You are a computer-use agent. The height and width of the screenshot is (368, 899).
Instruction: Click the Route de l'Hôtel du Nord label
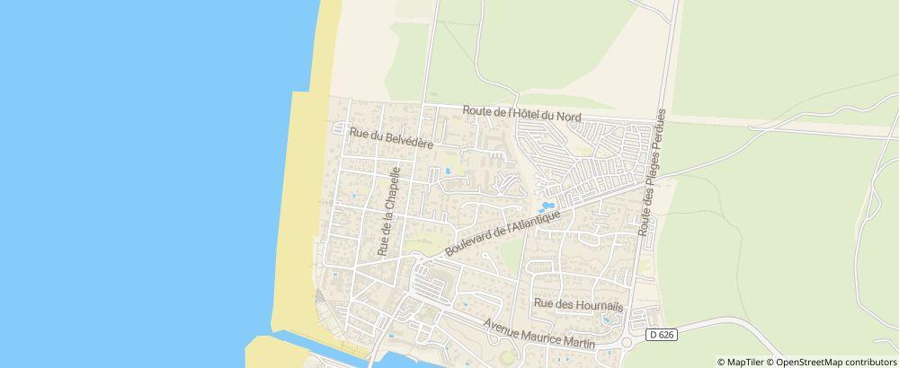pos(521,114)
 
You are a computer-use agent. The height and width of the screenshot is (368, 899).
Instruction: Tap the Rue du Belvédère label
pos(391,138)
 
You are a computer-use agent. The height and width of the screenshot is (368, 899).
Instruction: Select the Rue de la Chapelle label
pos(387,212)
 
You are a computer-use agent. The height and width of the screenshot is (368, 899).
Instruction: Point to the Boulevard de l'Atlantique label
pos(503,230)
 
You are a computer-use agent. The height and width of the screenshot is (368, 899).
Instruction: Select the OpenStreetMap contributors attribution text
pos(835,362)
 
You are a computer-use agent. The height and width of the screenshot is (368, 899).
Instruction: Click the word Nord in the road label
pos(568,117)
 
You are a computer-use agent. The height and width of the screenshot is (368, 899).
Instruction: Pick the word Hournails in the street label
pos(586,304)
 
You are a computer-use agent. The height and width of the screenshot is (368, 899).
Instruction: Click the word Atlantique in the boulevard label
pos(538,221)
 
